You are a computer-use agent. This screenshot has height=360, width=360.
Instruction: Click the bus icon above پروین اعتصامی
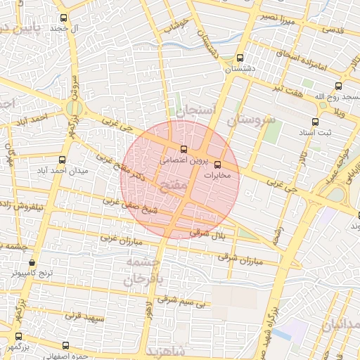tap(184, 149)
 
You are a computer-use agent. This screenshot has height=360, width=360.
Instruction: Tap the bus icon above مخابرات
tap(226, 165)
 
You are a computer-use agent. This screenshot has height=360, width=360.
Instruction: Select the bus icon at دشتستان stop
tap(240, 58)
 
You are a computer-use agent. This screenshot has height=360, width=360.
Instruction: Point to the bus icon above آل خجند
tap(64, 18)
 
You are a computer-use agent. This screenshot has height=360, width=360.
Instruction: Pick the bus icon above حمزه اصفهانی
tap(65, 345)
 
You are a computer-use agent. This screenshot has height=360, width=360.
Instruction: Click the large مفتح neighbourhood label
tap(173, 189)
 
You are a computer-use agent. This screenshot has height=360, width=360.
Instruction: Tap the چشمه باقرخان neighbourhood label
tap(143, 270)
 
